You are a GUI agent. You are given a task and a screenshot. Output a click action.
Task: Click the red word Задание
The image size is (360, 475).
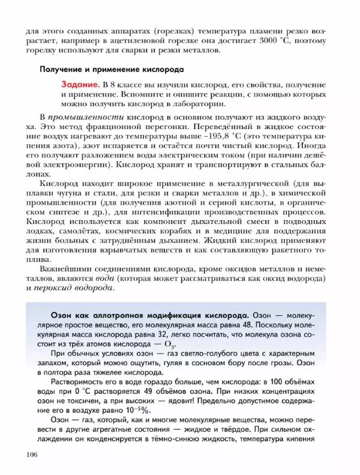pos(80,83)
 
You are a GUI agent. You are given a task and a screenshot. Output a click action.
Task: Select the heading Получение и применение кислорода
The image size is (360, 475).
pos(112,69)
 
